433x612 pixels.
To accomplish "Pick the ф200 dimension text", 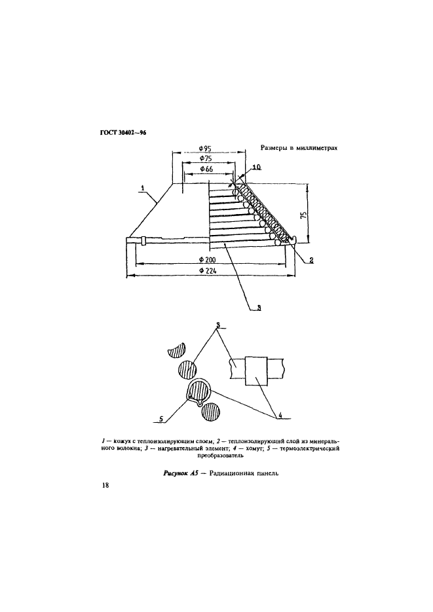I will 208,260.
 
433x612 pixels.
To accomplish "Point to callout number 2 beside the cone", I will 311,260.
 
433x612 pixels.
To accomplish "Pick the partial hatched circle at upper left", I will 177,350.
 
